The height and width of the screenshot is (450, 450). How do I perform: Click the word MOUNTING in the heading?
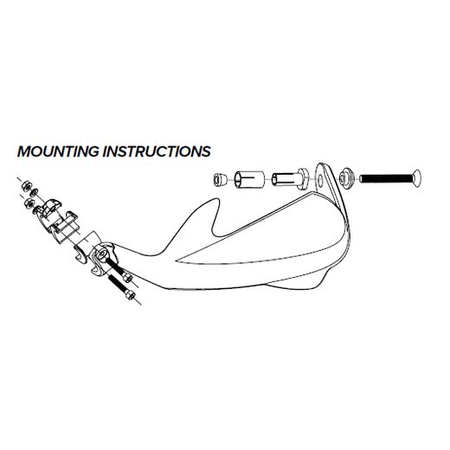[x=58, y=151]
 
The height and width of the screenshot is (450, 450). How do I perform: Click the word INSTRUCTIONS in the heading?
[x=157, y=151]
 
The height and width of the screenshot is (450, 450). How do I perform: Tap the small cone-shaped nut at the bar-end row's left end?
[x=220, y=179]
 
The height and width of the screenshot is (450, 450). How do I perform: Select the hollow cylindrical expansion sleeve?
[x=249, y=180]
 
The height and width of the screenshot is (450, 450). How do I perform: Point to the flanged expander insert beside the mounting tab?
[x=290, y=180]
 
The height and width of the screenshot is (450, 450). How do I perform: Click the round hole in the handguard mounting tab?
[x=320, y=181]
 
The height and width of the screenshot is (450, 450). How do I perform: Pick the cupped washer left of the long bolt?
[x=345, y=179]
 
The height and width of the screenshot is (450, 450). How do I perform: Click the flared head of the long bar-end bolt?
[x=417, y=178]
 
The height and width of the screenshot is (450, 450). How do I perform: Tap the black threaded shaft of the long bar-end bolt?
[x=386, y=179]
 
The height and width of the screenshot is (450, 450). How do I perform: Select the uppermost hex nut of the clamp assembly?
[x=26, y=185]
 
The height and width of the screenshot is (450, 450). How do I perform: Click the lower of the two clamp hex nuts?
[x=29, y=202]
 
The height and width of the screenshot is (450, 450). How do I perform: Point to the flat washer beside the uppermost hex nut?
[x=35, y=191]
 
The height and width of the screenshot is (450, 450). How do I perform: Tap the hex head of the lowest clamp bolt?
[x=130, y=295]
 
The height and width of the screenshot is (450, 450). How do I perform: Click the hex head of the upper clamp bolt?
[x=127, y=278]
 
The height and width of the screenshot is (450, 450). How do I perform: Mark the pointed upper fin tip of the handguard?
[x=217, y=200]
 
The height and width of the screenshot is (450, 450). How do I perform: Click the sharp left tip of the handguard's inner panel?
[x=177, y=260]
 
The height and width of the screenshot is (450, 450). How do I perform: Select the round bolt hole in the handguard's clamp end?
[x=101, y=254]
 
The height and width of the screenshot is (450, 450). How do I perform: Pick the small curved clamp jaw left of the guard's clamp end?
[x=80, y=254]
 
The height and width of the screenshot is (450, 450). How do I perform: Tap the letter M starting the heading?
[x=23, y=151]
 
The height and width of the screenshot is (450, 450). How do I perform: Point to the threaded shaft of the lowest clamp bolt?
[x=117, y=283]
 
